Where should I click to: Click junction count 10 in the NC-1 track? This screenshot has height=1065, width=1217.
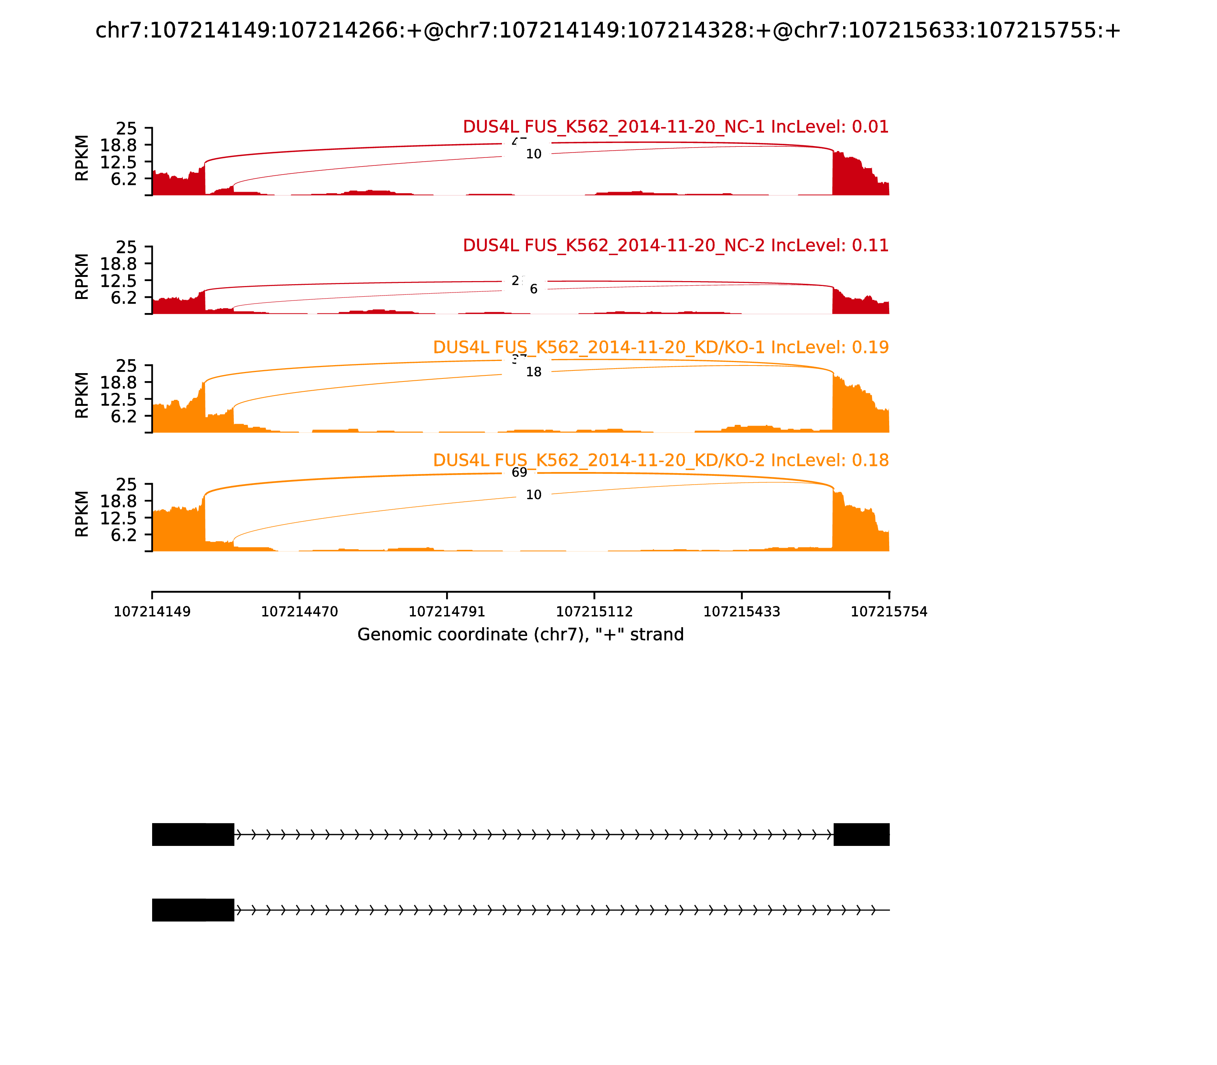click(534, 154)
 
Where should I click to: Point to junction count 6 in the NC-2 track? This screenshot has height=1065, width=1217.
click(534, 289)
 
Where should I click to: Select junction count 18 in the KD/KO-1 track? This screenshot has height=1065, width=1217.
click(534, 372)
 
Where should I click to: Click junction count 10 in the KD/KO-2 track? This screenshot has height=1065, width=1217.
click(534, 495)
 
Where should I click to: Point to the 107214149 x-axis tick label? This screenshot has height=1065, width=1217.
click(152, 612)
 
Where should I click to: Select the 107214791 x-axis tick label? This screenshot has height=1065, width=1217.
click(447, 612)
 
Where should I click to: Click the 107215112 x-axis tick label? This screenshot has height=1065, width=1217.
click(594, 612)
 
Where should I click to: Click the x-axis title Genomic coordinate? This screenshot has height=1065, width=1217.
click(521, 635)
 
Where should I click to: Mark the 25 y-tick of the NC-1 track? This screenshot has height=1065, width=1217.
click(126, 129)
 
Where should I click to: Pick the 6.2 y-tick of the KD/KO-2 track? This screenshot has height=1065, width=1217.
click(124, 535)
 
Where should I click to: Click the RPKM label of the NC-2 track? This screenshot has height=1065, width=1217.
click(82, 277)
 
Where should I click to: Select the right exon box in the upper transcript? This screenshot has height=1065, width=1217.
click(861, 835)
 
